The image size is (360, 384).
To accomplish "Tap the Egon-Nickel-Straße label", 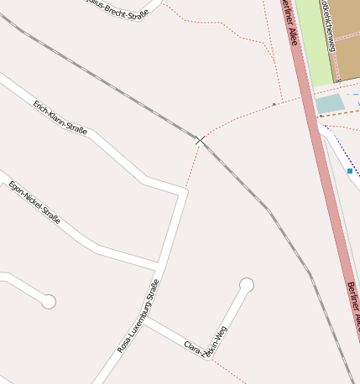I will tap(34, 199).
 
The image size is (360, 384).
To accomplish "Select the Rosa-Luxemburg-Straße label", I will tap(138, 316).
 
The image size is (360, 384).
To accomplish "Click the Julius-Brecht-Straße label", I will tap(117, 8).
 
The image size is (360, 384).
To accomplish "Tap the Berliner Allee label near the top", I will tap(290, 23).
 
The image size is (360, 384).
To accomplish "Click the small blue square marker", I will tap(349, 171).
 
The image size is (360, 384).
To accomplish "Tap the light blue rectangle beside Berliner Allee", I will tap(329, 103).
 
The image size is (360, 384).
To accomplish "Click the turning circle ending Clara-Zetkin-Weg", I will tap(246, 285).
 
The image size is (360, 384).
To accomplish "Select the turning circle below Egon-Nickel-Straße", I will tap(49, 301).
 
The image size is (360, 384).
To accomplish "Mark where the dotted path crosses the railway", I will tap(200, 140).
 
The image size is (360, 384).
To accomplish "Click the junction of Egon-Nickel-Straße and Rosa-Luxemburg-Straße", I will tap(159, 267).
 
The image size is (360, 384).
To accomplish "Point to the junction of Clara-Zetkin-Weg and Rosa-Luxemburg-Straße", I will tap(145, 319).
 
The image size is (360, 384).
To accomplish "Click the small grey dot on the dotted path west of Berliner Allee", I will tap(274, 104).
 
